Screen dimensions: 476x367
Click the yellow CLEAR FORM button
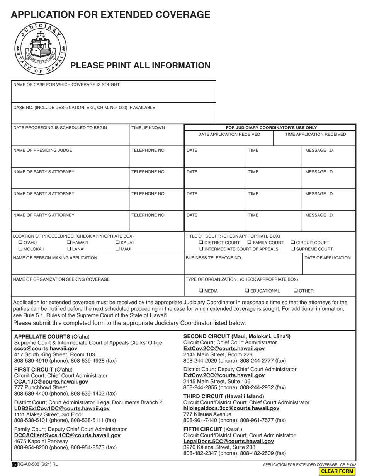[x=337, y=471]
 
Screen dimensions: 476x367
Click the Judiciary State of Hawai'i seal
[x=41, y=48]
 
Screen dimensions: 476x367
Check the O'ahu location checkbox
[x=20, y=243]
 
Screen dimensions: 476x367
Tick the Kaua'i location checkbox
[x=117, y=243]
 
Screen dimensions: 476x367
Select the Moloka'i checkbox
[x=20, y=249]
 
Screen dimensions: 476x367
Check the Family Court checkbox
[x=250, y=243]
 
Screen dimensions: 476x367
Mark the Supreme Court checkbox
[x=293, y=249]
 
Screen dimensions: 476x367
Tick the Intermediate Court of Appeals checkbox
[x=201, y=249]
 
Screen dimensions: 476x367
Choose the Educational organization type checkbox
[x=247, y=291]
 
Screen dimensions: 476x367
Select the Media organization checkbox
[x=201, y=291]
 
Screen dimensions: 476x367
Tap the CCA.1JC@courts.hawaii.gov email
[x=51, y=381]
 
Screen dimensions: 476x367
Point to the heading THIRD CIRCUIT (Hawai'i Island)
[x=224, y=396]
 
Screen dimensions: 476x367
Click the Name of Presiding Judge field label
[x=42, y=150]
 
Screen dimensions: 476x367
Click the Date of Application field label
[x=328, y=258]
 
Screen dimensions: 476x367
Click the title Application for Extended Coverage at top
[x=110, y=15]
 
